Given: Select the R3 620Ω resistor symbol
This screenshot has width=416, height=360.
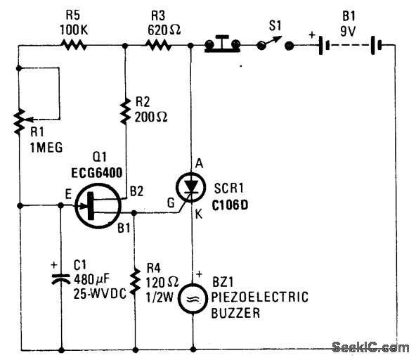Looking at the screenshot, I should (x=158, y=46).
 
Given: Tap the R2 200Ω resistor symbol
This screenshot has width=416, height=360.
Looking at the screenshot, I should (x=124, y=111).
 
